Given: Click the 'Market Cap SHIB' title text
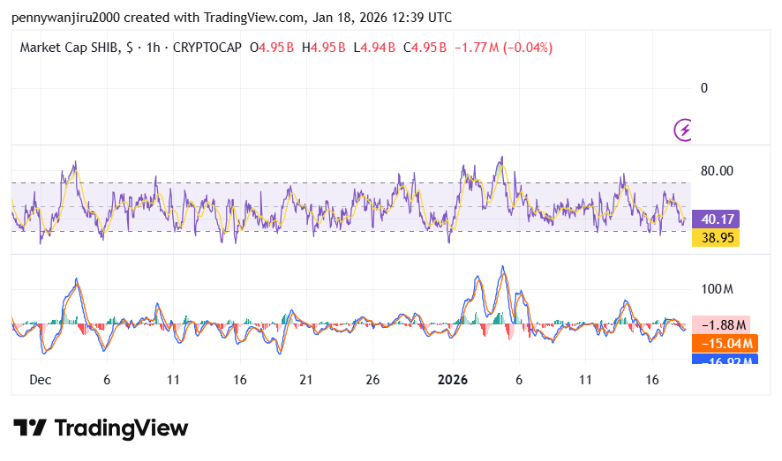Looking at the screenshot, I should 67,47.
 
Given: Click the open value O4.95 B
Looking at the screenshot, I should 273,47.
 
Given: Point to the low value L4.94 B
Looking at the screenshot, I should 374,47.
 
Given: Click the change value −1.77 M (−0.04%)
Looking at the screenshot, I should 503,47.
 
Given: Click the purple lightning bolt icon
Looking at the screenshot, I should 683,130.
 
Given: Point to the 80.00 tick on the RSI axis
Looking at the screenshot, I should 718,171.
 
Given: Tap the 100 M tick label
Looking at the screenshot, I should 717,289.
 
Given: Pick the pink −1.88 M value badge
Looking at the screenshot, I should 726,325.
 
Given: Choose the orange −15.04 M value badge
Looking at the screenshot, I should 725,344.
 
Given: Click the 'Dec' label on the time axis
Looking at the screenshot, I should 40,379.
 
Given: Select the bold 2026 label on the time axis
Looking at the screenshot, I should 452,379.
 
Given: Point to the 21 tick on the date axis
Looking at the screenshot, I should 305,379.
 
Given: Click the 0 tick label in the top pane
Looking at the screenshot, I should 704,87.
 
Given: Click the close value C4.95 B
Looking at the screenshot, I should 425,47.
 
